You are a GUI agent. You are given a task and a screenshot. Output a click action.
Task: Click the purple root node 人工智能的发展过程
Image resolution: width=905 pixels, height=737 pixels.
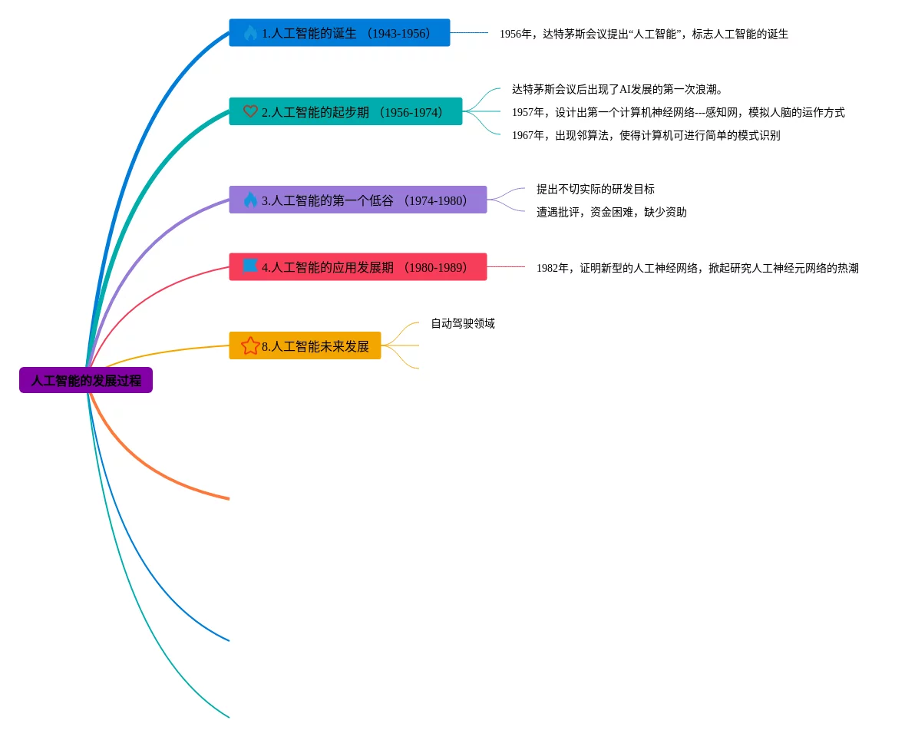tap(86, 380)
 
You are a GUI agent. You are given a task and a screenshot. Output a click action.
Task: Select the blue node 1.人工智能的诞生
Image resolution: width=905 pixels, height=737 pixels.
tap(339, 33)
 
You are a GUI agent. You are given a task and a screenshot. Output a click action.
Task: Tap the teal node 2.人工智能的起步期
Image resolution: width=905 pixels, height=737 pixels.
tap(345, 111)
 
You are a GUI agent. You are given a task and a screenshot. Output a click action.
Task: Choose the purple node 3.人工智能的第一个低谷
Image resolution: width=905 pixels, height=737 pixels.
tap(358, 200)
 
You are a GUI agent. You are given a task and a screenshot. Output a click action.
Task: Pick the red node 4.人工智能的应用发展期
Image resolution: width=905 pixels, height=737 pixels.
tap(358, 267)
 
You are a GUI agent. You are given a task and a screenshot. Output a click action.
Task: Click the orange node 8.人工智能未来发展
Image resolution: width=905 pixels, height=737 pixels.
tap(305, 345)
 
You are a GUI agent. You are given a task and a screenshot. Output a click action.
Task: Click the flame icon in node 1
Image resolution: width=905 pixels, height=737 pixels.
tap(250, 32)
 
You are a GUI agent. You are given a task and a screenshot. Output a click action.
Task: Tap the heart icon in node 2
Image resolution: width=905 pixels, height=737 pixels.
tap(250, 111)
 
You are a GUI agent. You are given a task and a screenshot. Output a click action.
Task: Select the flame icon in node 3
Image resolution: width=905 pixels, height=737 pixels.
tap(250, 200)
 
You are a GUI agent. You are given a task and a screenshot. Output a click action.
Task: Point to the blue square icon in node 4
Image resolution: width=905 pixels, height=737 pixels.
tap(250, 266)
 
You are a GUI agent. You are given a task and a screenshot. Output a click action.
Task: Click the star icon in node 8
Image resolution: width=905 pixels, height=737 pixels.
tap(250, 345)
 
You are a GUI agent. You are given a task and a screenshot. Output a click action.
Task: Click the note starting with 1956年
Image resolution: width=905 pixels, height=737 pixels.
tap(643, 34)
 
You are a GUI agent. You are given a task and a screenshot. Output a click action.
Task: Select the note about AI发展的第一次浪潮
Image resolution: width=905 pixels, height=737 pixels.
tap(617, 89)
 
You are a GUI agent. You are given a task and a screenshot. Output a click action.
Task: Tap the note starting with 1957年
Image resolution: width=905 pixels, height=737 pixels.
tap(678, 112)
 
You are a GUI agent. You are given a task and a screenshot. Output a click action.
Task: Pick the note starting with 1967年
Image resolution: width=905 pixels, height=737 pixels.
tap(646, 135)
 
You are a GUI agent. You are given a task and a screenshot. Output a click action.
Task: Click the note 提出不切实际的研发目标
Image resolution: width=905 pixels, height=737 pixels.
tap(595, 189)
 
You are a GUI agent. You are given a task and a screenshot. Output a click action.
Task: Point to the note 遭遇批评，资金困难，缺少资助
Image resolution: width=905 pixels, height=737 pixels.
tap(611, 212)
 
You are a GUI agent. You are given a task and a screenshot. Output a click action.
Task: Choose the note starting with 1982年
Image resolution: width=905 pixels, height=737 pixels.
tap(697, 268)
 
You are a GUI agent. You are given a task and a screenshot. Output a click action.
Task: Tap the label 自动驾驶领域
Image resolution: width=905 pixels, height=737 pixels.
tap(462, 323)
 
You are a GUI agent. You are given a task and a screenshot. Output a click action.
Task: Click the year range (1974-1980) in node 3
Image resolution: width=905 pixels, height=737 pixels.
tap(438, 200)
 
